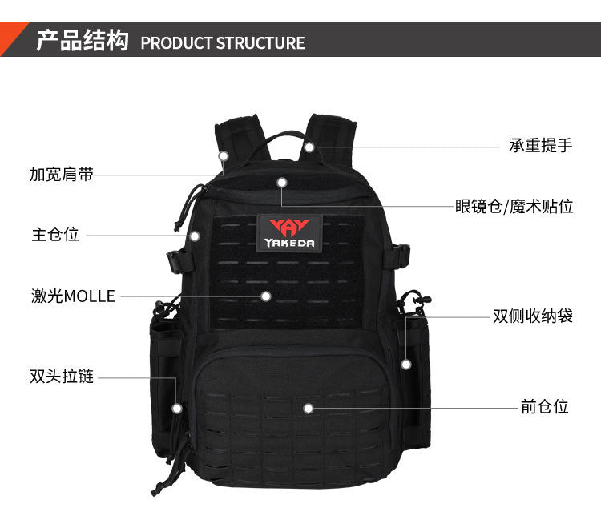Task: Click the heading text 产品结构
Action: pos(83,40)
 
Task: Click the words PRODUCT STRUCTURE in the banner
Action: pos(223,43)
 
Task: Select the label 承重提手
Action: pos(540,145)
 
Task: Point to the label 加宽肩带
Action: pos(62,174)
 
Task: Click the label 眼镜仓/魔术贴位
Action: pos(514,206)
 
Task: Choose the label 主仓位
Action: pos(55,234)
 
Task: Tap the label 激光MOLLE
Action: pos(73,296)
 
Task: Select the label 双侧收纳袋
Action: pos(533,316)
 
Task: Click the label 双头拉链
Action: pos(62,376)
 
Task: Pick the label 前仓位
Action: pos(544,406)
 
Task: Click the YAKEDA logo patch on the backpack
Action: pos(289,233)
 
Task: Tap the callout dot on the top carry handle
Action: pos(309,147)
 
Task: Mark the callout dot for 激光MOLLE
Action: pos(265,296)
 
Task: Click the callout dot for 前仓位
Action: pos(309,409)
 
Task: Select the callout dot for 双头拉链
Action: pos(177,409)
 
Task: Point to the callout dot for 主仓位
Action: pos(195,236)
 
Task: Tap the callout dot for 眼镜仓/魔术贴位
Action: pos(282,183)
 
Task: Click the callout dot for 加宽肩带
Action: pos(224,156)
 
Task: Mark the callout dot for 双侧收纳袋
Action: pos(406,364)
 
